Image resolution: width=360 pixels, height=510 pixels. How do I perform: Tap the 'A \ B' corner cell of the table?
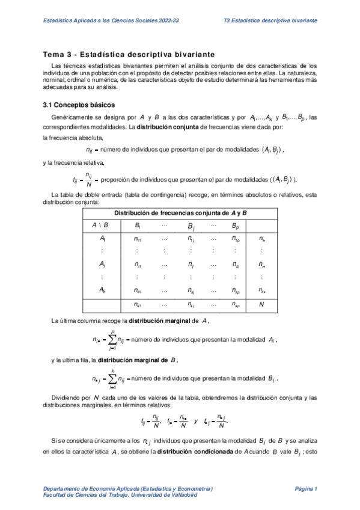coord(100,226)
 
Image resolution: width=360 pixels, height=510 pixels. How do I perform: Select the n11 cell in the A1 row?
coord(138,239)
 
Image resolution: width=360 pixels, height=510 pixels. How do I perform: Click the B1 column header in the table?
coord(138,226)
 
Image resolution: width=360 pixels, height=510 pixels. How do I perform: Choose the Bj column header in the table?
coord(191,227)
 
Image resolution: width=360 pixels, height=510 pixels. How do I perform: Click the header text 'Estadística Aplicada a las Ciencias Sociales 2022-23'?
coord(103,21)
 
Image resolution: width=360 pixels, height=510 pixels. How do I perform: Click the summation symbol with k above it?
coord(112,379)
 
